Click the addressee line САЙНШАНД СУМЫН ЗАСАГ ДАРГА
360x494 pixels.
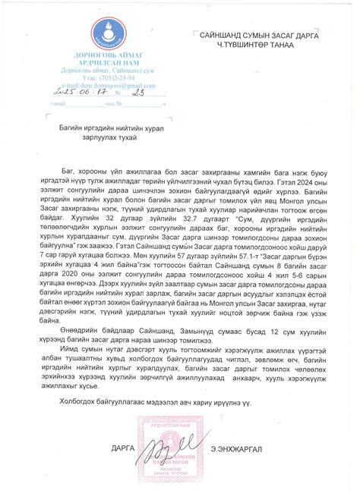tap(258, 36)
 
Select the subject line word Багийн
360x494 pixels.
tap(70, 131)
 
